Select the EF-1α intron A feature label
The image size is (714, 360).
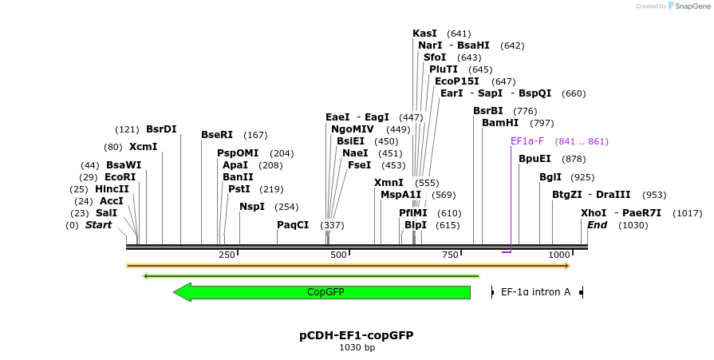535,292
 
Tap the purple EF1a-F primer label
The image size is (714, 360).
527,141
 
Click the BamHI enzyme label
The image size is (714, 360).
500,123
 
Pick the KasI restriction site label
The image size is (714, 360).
424,34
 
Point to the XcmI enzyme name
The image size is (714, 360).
143,147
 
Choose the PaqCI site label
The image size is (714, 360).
293,225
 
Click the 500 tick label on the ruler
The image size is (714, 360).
339,255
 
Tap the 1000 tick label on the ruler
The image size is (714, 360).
559,255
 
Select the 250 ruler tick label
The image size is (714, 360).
227,255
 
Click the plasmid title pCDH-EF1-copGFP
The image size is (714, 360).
357,335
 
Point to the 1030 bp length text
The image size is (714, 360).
357,347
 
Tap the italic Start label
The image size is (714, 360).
98,225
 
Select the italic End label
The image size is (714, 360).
597,225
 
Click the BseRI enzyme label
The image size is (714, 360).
217,135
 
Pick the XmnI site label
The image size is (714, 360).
389,183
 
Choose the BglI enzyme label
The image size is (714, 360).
550,177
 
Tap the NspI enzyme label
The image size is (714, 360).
252,207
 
